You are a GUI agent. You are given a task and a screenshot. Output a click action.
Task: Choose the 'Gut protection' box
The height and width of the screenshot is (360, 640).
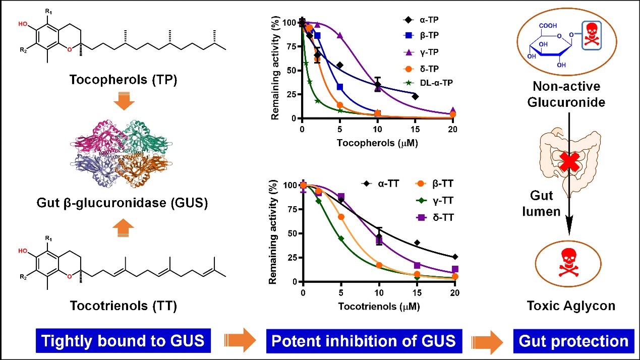[x=573, y=341]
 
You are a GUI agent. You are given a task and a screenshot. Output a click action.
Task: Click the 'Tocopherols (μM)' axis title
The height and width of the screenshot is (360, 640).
[x=376, y=143]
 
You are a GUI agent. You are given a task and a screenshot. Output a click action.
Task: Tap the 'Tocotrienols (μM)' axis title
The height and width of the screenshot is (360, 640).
[x=378, y=306]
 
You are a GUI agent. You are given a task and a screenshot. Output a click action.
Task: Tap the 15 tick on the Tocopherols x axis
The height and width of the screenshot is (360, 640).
[x=415, y=128]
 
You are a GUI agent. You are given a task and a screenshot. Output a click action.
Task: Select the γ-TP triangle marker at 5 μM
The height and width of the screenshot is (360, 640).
[x=340, y=36]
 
